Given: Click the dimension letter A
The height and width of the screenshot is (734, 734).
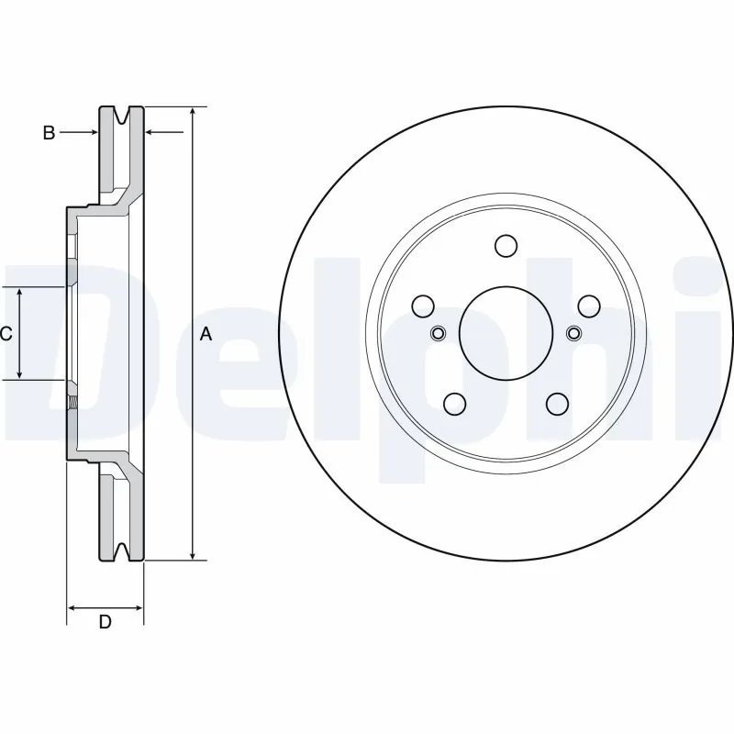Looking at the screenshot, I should pos(206,334).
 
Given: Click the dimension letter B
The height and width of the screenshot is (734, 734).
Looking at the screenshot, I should pos(50,133).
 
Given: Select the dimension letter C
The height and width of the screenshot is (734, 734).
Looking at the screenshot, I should pos(6,333).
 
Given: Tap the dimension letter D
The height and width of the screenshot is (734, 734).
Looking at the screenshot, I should pos(105,622).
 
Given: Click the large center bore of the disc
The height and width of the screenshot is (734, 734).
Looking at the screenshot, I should pos(505,332).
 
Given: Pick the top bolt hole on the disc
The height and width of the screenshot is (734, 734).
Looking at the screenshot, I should pos(506,246).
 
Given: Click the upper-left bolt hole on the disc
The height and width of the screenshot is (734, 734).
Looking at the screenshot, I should pos(424,306).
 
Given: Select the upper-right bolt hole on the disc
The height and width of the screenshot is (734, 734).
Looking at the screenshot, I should pos(587,306).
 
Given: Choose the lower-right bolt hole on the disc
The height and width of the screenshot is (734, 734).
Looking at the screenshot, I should pos(556,402).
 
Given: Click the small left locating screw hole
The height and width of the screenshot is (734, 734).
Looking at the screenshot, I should pos(438,332).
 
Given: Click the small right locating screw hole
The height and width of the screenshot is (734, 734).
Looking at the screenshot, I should pos(573,332).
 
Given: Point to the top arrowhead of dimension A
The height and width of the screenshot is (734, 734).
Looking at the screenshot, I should pos(192,111).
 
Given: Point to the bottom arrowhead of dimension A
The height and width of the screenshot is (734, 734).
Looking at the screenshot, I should pos(192,554).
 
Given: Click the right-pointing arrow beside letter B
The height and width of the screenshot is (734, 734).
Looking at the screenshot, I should pos(90,133).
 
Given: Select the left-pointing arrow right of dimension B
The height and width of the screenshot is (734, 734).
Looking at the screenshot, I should pos(152,133).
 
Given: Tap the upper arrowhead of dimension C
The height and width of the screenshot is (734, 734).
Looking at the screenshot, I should pos(20,292).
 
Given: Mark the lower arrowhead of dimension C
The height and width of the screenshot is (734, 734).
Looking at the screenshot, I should pos(20,374).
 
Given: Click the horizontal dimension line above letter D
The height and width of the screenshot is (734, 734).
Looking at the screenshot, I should pos(105,607).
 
